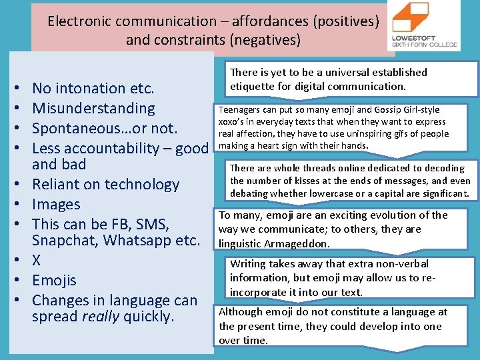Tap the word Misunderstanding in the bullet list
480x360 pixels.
(x=93, y=108)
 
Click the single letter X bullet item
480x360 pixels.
(x=37, y=260)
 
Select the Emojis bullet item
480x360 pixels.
(x=54, y=280)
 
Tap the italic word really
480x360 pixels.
(x=101, y=316)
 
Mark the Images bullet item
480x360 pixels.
(x=56, y=204)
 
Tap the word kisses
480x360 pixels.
(x=298, y=181)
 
